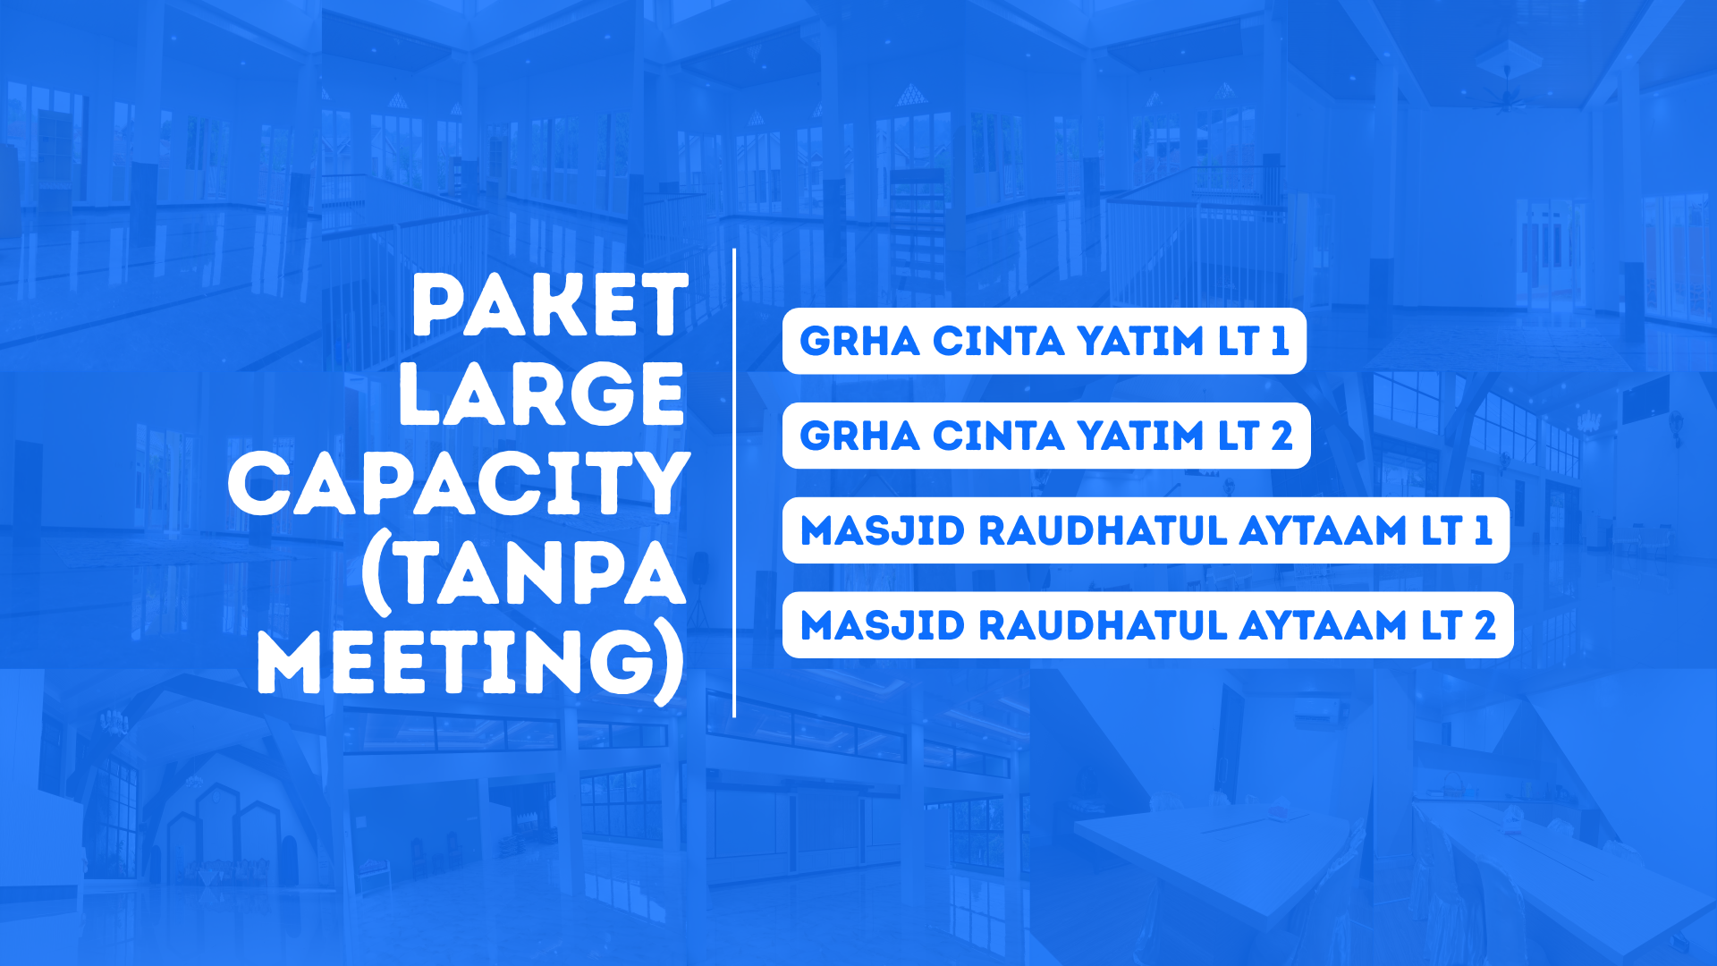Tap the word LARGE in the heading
[542, 394]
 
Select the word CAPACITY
[459, 484]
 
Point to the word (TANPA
[524, 573]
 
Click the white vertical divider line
[734, 483]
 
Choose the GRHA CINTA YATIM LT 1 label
[1044, 342]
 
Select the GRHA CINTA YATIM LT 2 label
[1045, 436]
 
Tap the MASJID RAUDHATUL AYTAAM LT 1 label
[1146, 531]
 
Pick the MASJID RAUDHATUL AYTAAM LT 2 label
[1147, 625]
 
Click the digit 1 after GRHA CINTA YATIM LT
[1280, 342]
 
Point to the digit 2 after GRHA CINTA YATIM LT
[1282, 436]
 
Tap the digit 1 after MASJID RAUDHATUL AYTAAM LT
[1483, 531]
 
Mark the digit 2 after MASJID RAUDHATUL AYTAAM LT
[1485, 625]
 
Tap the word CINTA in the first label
[999, 342]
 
